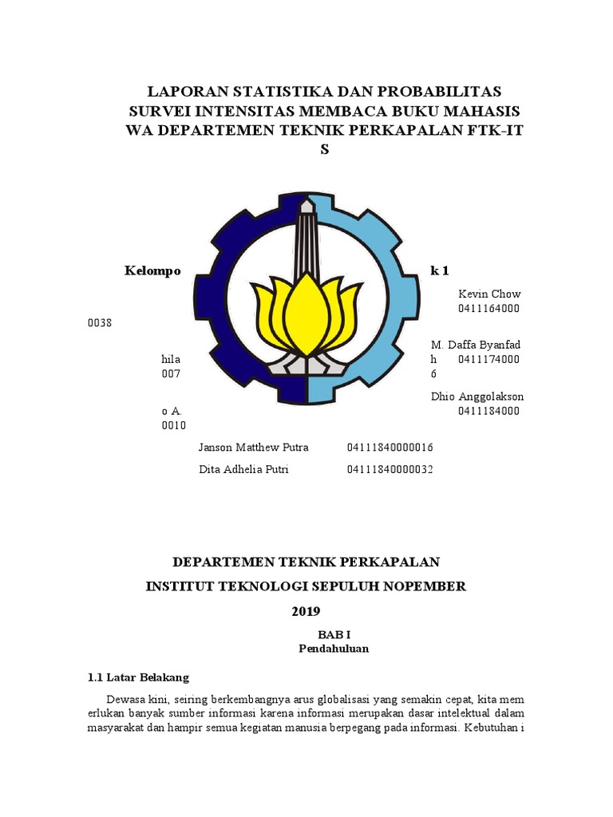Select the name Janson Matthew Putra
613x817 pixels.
(x=253, y=448)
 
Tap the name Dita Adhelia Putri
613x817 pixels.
(x=243, y=469)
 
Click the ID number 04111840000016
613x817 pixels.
(x=390, y=448)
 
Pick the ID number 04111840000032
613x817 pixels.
(x=390, y=469)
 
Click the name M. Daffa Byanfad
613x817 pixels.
(x=476, y=345)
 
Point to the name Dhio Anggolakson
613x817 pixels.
(x=477, y=397)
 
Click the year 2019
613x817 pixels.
(x=306, y=612)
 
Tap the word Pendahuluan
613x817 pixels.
(x=334, y=649)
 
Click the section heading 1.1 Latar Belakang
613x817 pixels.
(x=138, y=678)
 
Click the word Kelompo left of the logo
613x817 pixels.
(x=152, y=271)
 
